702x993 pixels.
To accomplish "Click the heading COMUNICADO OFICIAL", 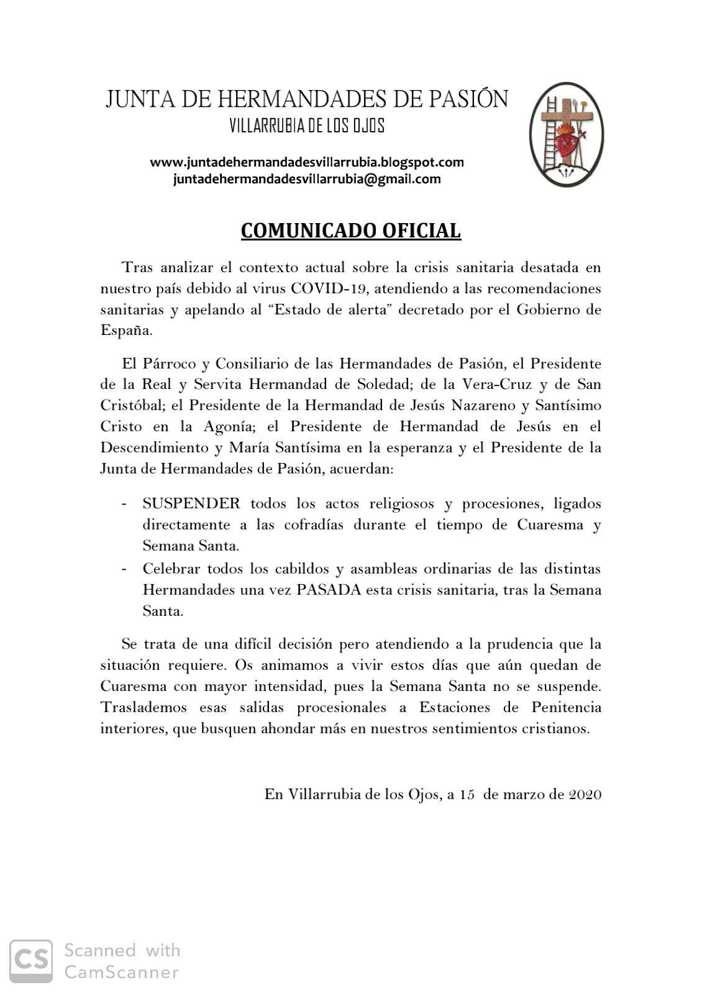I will [x=350, y=231].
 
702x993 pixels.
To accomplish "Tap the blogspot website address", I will [x=307, y=162].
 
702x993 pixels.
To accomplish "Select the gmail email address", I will [x=307, y=180].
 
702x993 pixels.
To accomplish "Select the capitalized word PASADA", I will [x=329, y=590].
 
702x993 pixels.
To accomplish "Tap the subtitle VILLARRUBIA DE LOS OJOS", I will [x=307, y=127].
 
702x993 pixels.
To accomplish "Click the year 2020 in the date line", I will [x=585, y=794].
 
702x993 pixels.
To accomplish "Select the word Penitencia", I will [x=566, y=708].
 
